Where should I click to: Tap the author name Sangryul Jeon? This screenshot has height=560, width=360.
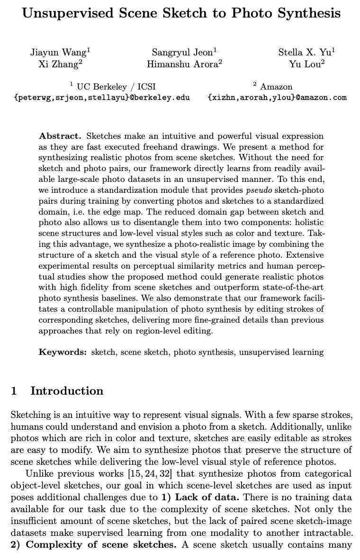click(x=183, y=53)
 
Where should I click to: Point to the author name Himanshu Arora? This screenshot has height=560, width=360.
click(x=183, y=64)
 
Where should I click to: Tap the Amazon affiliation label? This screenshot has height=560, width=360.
click(x=276, y=87)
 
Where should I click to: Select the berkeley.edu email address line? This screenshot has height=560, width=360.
click(x=102, y=98)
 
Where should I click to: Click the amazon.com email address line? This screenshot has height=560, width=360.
click(x=277, y=98)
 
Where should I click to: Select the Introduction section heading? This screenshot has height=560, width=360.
click(x=66, y=391)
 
